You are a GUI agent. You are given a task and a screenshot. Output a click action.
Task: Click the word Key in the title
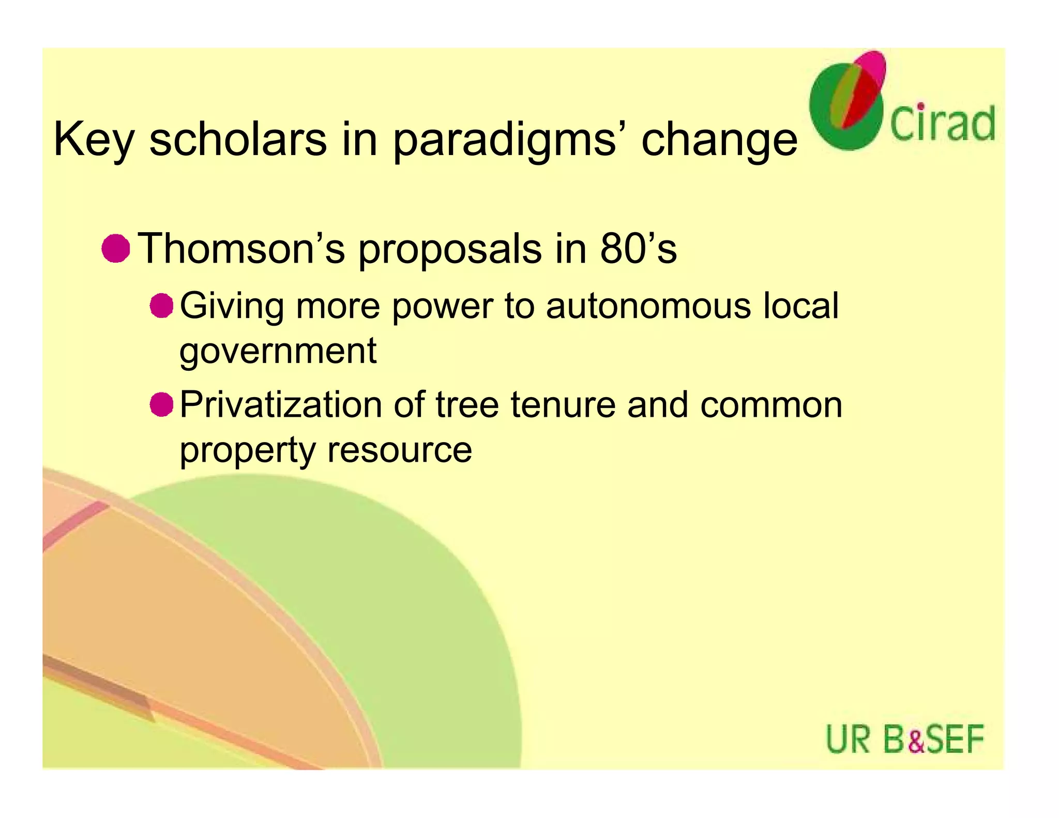(x=94, y=140)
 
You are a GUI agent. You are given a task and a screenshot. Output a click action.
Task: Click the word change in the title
(x=719, y=140)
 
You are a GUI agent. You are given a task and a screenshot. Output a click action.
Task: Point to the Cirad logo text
(x=942, y=124)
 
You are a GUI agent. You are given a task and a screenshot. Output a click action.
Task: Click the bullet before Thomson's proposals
(x=115, y=248)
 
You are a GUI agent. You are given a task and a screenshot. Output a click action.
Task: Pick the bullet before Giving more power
(x=161, y=306)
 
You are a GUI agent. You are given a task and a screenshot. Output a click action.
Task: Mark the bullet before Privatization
(x=161, y=404)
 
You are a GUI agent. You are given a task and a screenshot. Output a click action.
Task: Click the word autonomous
(x=648, y=306)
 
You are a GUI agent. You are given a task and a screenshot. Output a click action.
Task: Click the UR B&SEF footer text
(x=904, y=739)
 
